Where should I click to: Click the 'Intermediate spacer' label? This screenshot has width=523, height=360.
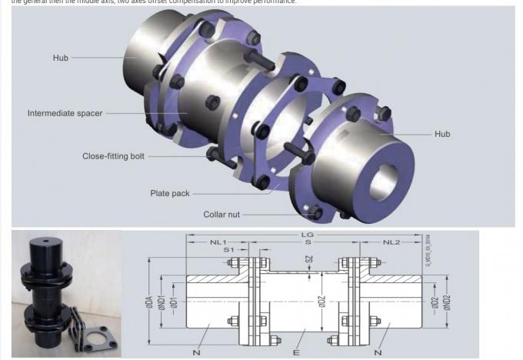pos(65,114)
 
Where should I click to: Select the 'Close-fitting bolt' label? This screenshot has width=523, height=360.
pos(113,156)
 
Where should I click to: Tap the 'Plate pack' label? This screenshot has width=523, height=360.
pos(169,194)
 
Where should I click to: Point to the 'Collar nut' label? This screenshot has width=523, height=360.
pos(224,215)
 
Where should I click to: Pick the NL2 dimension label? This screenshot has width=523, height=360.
pos(391,242)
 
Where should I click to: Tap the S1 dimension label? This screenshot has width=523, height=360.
pos(228,250)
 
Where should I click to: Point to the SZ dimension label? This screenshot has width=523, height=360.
pos(310,262)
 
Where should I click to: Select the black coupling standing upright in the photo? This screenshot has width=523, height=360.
pos(46,292)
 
